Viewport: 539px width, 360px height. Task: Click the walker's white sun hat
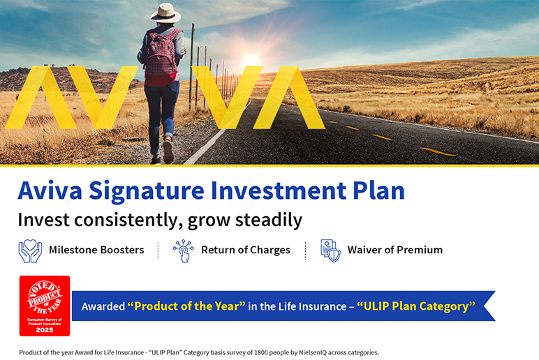tap(165, 13)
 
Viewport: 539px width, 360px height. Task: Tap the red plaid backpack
tap(161, 57)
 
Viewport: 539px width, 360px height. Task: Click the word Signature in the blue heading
tap(147, 191)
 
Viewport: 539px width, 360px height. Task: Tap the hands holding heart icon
tap(30, 251)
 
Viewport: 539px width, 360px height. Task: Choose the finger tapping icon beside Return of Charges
tap(183, 251)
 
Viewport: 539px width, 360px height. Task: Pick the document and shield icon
tap(330, 250)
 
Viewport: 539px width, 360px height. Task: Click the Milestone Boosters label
tap(96, 250)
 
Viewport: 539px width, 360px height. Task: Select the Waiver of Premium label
tap(395, 250)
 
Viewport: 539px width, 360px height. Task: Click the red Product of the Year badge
tap(45, 306)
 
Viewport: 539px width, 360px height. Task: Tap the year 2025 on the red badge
tap(45, 330)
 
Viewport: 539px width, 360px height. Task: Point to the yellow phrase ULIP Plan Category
tap(416, 306)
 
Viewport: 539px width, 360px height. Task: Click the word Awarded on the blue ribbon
tap(103, 306)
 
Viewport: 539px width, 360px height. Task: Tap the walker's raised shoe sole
tap(168, 151)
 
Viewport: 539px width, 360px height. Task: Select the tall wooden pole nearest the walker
tap(192, 66)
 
